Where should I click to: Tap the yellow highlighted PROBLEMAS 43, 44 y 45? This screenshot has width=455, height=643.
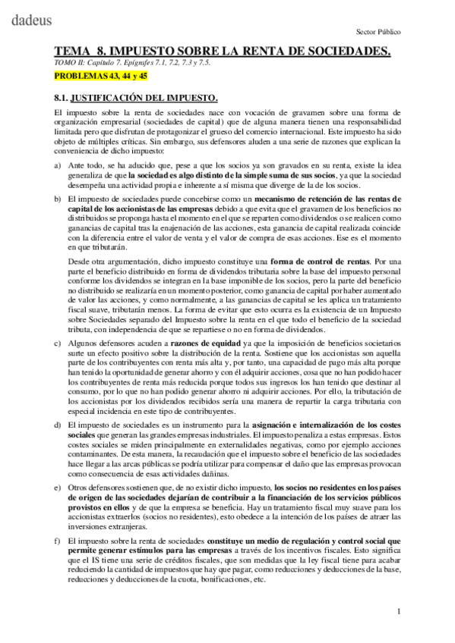coord(95,77)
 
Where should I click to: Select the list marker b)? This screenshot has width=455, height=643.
coord(58,197)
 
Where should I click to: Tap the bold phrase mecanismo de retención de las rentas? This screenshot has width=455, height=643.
coord(308,197)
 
